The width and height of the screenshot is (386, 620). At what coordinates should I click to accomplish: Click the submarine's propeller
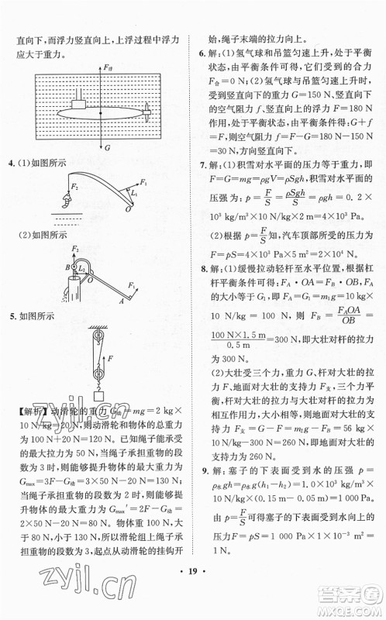(146, 110)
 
